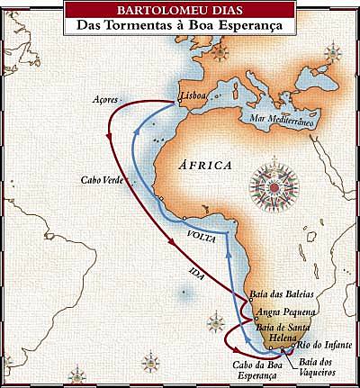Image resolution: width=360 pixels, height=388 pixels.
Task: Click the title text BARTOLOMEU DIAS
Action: click(x=180, y=11)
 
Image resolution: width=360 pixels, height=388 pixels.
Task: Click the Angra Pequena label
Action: click(x=283, y=312)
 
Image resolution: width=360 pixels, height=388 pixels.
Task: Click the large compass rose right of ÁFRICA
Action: click(x=268, y=184)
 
